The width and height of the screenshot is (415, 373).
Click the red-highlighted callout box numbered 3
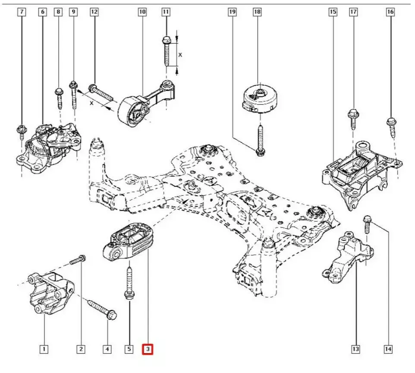[x=148, y=348]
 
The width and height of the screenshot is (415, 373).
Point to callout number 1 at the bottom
[x=43, y=348]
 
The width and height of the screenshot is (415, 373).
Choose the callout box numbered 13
[x=355, y=348]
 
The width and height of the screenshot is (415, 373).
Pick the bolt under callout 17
[x=352, y=119]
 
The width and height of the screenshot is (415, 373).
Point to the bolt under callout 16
[x=392, y=127]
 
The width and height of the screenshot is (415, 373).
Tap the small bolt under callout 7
[x=21, y=131]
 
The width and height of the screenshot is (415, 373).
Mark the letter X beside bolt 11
[x=181, y=55]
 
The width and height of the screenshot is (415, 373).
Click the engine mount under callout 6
[x=47, y=147]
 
